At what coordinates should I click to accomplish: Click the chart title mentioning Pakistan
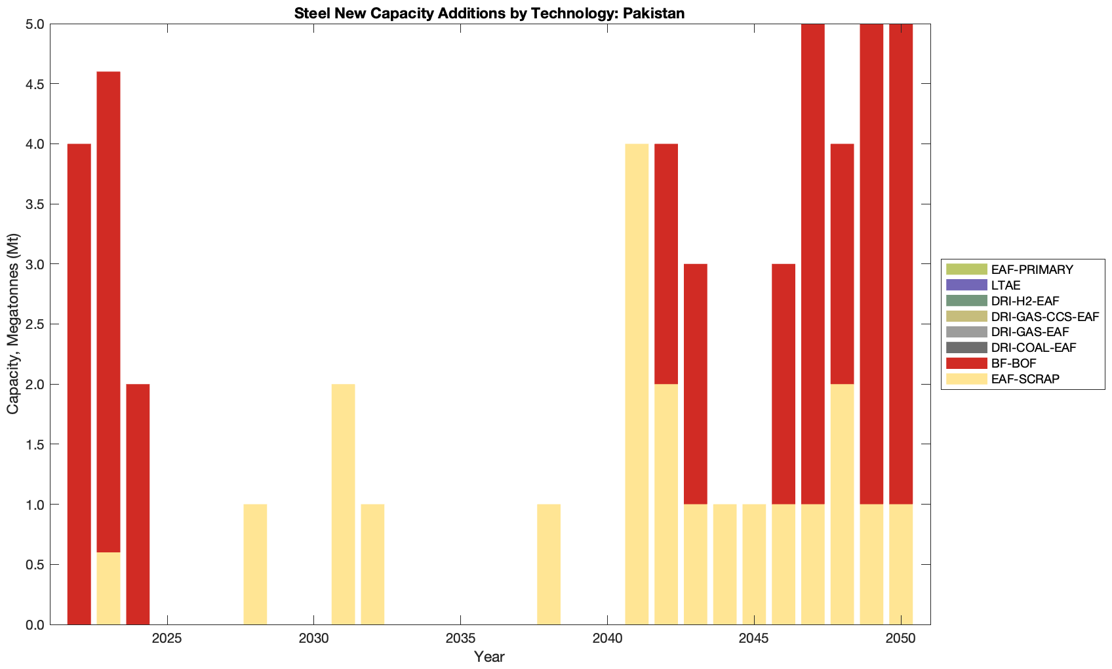click(x=489, y=13)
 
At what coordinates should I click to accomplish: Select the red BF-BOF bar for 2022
click(x=79, y=383)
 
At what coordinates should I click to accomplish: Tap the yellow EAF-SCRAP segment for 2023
click(x=108, y=588)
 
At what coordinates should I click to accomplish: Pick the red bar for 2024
click(x=138, y=504)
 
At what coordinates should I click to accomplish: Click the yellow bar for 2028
click(x=255, y=564)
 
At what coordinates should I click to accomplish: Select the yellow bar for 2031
click(x=343, y=504)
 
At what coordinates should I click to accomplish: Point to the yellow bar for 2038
click(x=549, y=564)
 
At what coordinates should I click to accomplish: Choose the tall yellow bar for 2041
click(x=637, y=383)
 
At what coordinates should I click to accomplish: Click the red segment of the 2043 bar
click(x=695, y=383)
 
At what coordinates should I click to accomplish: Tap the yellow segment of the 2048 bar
click(x=842, y=504)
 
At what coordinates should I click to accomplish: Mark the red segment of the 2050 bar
click(x=901, y=263)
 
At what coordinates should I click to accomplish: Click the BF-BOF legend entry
click(x=1013, y=363)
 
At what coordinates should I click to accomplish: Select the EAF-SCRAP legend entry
click(x=1024, y=379)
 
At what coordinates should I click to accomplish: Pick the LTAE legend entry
click(x=1005, y=285)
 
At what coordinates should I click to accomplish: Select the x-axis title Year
click(x=489, y=657)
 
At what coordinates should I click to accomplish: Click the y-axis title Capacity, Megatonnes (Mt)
click(x=13, y=324)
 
